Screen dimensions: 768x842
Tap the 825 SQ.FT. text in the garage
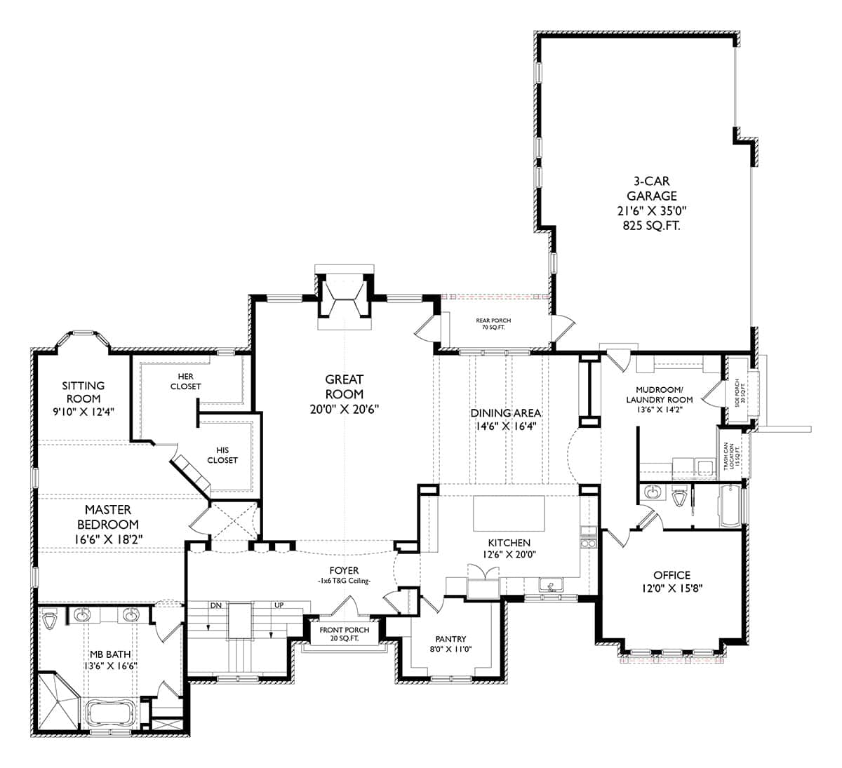point(652,225)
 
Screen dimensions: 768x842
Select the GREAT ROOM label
point(344,386)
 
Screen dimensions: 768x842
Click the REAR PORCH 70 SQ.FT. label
point(494,324)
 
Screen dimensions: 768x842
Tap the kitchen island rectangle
point(509,513)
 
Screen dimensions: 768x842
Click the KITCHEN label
point(509,542)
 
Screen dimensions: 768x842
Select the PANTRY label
point(450,639)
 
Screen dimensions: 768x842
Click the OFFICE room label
point(671,575)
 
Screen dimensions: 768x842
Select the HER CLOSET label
point(185,382)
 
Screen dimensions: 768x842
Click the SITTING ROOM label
point(83,392)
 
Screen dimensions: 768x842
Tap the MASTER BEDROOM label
point(107,517)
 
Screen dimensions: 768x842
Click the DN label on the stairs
point(216,605)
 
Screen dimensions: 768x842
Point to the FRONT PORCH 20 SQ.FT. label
point(344,634)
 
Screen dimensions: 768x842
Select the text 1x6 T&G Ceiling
point(344,581)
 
